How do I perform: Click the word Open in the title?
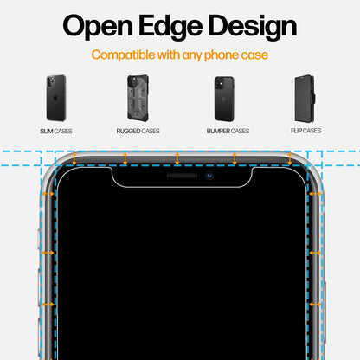pos(98,26)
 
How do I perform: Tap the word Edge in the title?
pos(170,26)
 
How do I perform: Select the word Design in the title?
pos(252,26)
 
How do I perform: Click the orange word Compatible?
pos(123,55)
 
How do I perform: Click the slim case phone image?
pos(56,98)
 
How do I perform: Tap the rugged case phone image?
pos(138,98)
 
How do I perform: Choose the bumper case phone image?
pos(224,99)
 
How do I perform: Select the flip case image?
pos(305,99)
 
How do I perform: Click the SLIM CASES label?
pos(56,132)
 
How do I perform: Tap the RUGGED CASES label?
pos(138,131)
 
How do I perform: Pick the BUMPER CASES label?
pos(228,131)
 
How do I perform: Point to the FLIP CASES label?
pos(305,131)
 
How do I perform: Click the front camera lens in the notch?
pos(209,176)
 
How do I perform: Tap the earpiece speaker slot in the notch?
pos(182,176)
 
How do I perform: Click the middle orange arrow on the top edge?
pos(177,158)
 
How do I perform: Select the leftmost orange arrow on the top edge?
pos(74,158)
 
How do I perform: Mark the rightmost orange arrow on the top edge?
pos(290,158)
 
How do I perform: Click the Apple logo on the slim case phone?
pos(55,99)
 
